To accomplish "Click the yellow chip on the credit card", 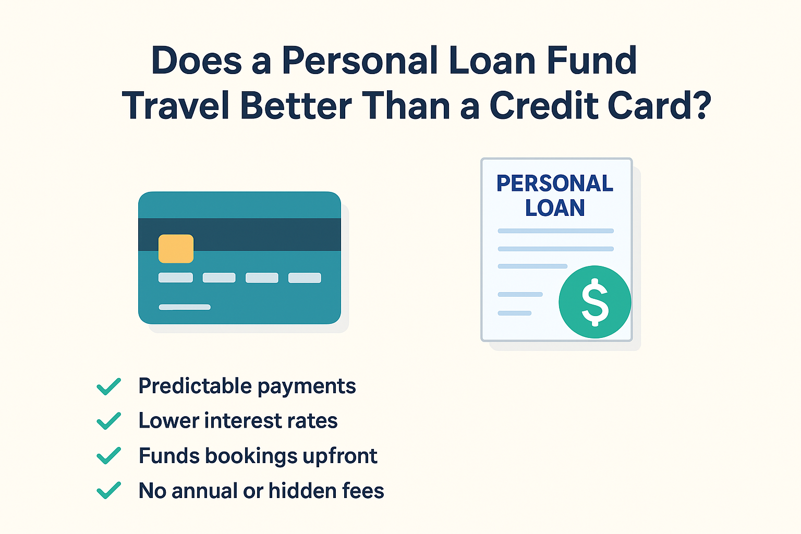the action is click(176, 249).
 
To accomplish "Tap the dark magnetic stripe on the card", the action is click(239, 234).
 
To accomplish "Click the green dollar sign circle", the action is click(595, 302).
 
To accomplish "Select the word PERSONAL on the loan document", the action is click(555, 184).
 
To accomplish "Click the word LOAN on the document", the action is click(555, 208).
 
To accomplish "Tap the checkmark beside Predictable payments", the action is click(108, 386).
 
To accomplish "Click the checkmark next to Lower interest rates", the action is click(108, 421).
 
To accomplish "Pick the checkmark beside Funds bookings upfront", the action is click(108, 455).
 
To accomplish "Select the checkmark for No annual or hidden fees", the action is click(108, 490).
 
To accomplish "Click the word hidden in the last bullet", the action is click(303, 490).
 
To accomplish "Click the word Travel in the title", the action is click(176, 105).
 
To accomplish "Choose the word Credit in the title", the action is click(543, 105).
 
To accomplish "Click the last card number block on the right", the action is click(305, 277).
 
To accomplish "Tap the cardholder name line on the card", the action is click(185, 307).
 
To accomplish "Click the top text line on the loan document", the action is click(556, 231).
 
